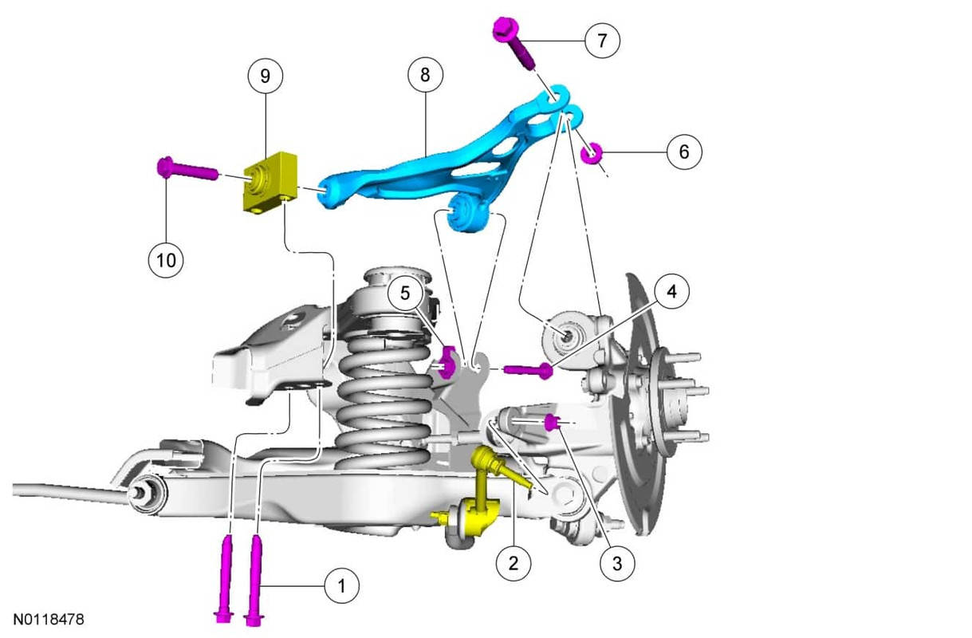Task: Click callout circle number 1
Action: coord(342,585)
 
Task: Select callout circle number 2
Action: coord(514,563)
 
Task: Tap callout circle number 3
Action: coord(617,563)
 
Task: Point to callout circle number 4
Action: coord(671,291)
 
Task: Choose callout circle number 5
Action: coord(405,293)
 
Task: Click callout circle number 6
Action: coord(684,152)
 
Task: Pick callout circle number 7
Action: coord(602,41)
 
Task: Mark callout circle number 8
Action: coord(425,75)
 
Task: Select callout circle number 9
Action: coord(266,76)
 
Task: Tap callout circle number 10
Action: coord(166,260)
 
